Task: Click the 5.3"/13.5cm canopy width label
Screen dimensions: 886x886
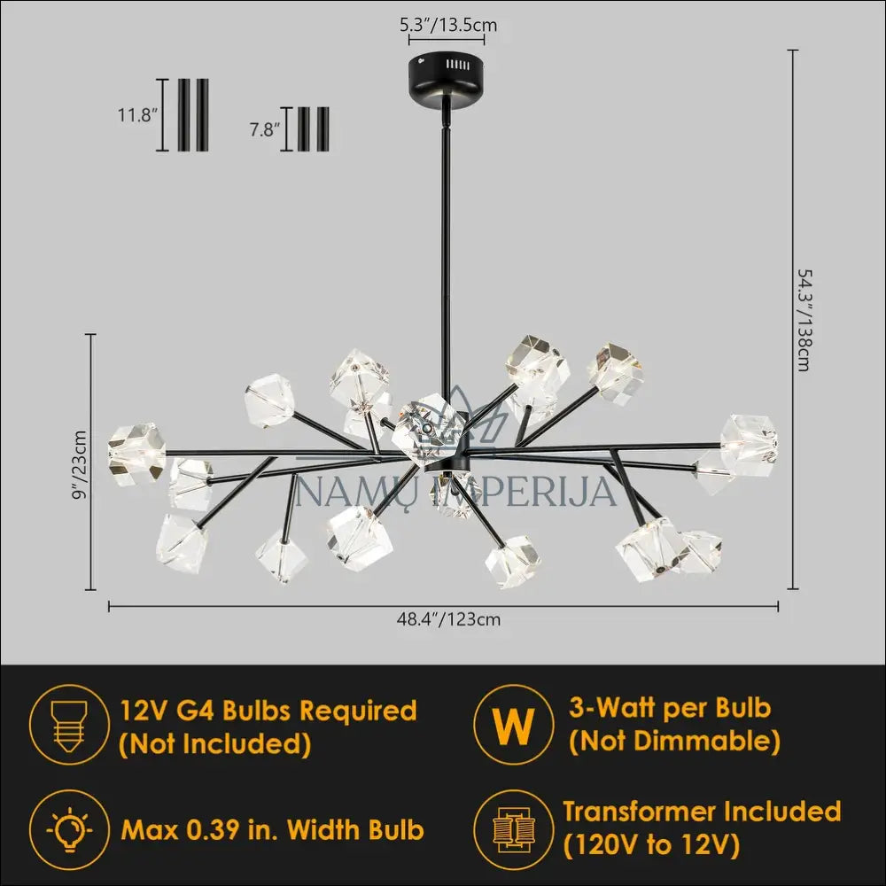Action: pos(448,26)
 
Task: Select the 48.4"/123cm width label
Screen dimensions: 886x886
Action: pos(448,619)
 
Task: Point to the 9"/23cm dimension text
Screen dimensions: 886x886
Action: pos(81,464)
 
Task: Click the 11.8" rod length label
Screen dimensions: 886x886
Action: pos(136,115)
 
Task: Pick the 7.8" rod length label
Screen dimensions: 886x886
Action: pos(265,129)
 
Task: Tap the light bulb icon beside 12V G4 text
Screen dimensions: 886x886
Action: pos(68,725)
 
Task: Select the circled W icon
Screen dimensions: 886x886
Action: pos(513,725)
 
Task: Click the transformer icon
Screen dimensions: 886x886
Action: pos(513,829)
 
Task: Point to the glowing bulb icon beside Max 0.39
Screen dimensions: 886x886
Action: pos(68,829)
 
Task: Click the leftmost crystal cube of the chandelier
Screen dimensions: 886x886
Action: pos(136,451)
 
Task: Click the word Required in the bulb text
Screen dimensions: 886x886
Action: pos(357,711)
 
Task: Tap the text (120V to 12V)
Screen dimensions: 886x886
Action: pos(651,845)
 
